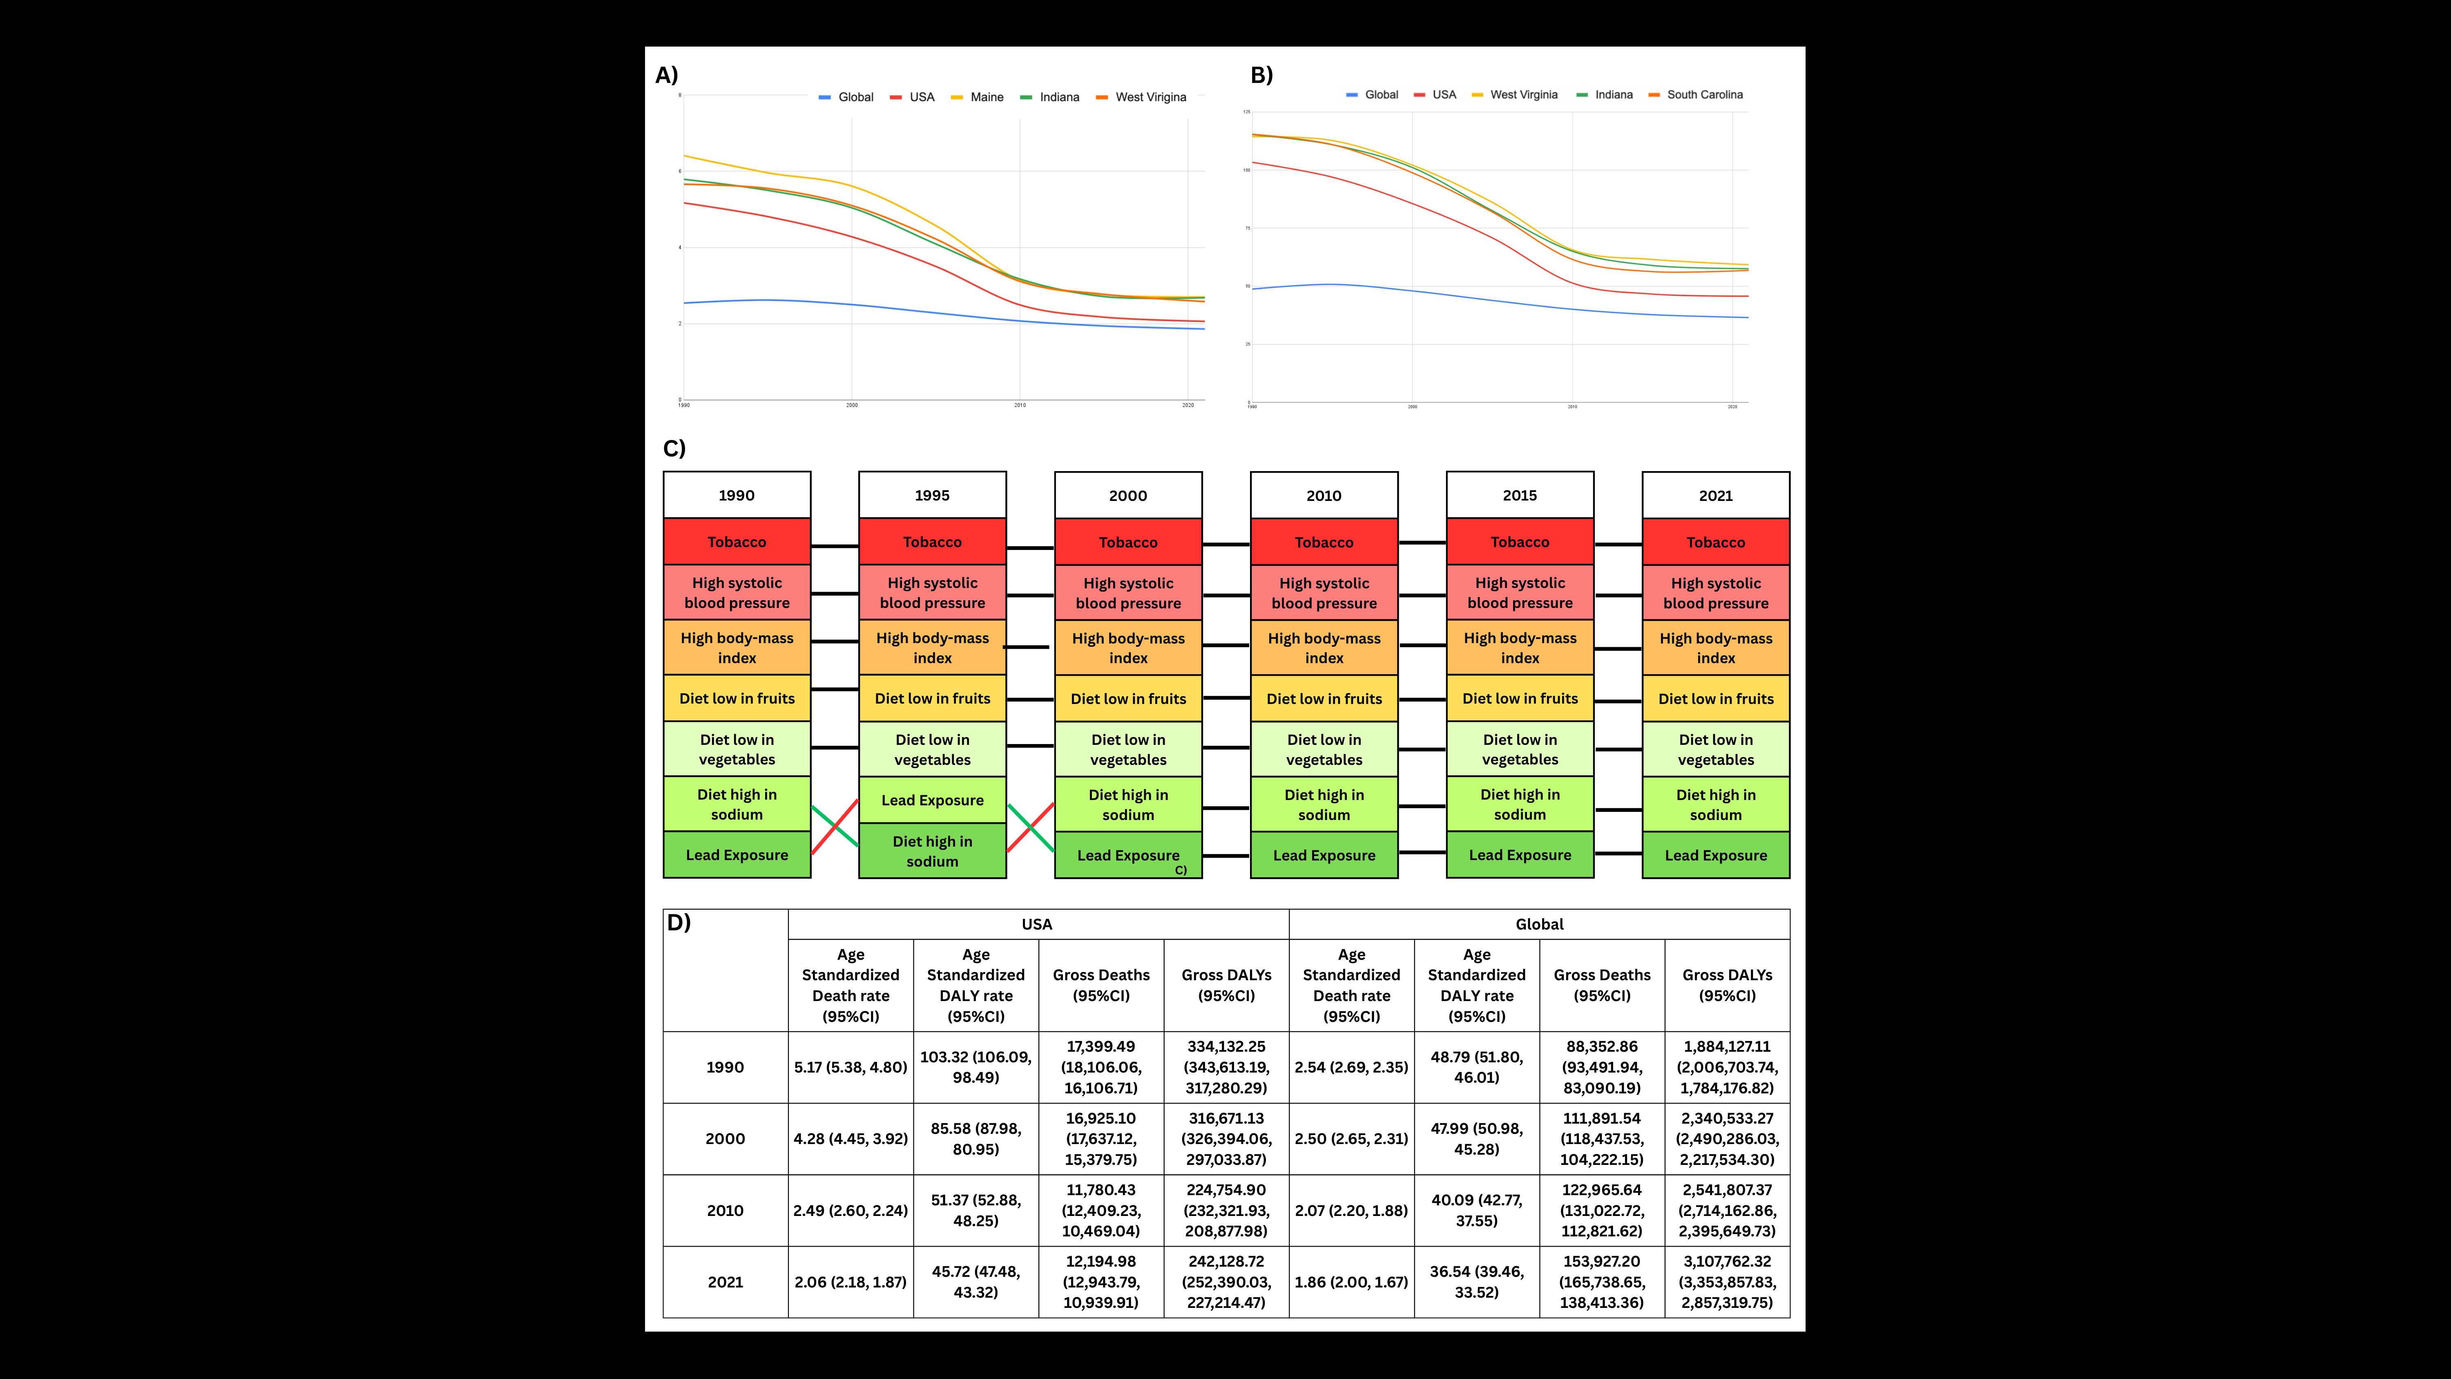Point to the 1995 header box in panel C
[933, 495]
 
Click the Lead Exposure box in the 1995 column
[933, 800]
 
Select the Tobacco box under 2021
[1716, 543]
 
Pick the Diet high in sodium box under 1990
[737, 804]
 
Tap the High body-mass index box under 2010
[1324, 648]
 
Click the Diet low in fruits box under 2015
[1520, 699]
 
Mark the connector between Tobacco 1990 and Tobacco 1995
[835, 546]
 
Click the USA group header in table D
[1037, 924]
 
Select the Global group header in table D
[1538, 924]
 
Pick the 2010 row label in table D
[725, 1211]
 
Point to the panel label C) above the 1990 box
[674, 448]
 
